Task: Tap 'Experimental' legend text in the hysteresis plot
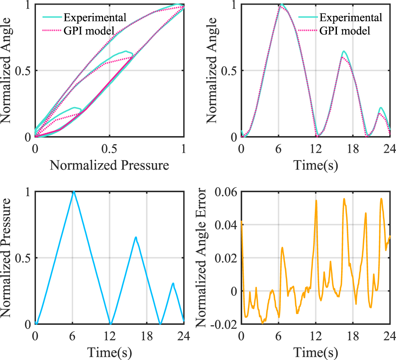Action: pos(95,17)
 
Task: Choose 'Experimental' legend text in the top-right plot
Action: pos(351,17)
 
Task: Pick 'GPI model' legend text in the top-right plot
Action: pos(345,31)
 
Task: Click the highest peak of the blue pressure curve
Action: pos(73,191)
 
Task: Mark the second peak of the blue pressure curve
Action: pos(136,237)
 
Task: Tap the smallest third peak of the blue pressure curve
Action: pos(173,283)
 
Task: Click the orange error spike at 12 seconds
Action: pos(316,201)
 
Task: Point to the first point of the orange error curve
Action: pos(241,222)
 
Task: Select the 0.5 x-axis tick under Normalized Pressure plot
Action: pos(109,149)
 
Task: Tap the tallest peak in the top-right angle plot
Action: pos(282,5)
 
